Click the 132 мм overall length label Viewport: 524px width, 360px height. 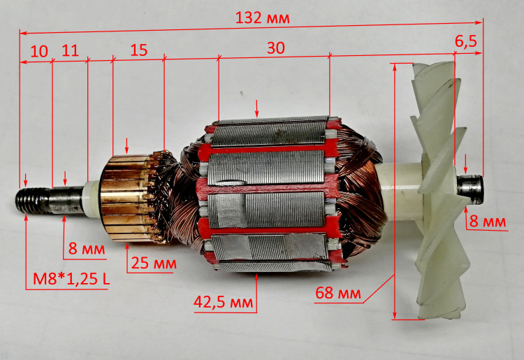click(x=262, y=17)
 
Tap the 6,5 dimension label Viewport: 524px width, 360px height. click(x=466, y=41)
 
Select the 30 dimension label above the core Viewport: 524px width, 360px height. click(x=276, y=48)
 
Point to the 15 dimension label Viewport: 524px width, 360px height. click(x=139, y=50)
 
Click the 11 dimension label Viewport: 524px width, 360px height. click(x=70, y=50)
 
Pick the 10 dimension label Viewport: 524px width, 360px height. click(x=39, y=52)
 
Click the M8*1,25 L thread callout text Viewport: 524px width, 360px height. click(x=71, y=279)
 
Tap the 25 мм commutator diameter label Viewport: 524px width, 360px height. click(x=154, y=264)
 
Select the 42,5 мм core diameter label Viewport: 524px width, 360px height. click(x=224, y=302)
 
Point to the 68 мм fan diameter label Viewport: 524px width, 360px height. click(x=338, y=293)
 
